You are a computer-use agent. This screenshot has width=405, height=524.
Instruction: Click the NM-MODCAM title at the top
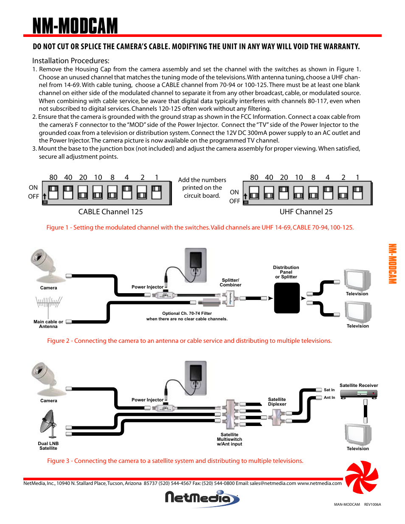(x=75, y=26)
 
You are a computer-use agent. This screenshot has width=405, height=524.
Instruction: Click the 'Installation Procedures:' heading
(x=70, y=61)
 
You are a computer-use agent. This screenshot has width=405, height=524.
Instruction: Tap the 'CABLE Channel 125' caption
(x=110, y=212)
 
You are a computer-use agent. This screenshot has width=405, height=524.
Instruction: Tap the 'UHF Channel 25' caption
(x=306, y=212)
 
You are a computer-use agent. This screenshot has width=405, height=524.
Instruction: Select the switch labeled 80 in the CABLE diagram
(x=53, y=192)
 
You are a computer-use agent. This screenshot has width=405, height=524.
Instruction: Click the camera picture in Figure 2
(x=45, y=265)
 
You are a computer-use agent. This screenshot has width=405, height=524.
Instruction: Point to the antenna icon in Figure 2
(x=49, y=303)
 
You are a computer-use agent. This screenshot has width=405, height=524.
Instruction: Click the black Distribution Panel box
(x=287, y=298)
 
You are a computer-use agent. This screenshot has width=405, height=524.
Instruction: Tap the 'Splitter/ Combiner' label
(x=230, y=283)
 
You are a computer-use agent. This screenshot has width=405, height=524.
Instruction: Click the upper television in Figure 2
(x=357, y=280)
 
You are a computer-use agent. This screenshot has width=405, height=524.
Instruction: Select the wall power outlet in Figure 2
(x=195, y=265)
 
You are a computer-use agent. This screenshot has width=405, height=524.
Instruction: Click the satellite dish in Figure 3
(x=48, y=424)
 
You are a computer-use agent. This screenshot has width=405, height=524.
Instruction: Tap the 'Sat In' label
(x=329, y=390)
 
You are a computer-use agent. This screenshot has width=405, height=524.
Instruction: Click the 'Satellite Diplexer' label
(x=277, y=402)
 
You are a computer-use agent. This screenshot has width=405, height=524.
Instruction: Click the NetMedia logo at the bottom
(x=202, y=498)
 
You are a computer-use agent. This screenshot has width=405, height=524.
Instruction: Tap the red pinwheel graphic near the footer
(x=361, y=478)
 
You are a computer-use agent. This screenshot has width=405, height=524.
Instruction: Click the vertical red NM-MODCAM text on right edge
(x=392, y=264)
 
